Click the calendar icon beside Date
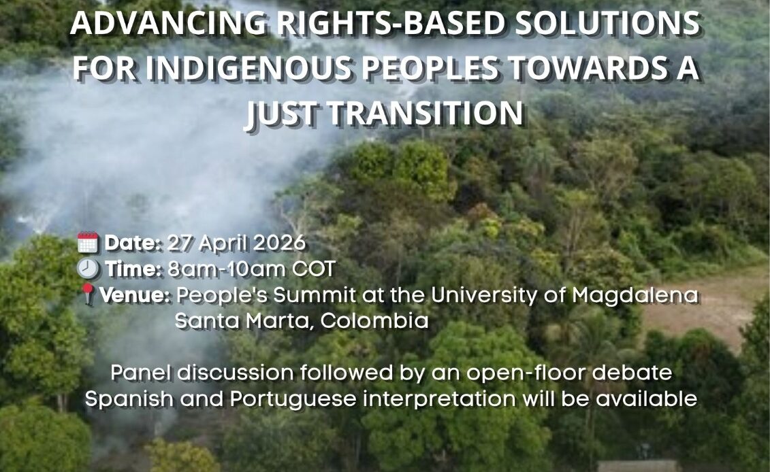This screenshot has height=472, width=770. (x=88, y=243)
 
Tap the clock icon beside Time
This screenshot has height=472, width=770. (x=89, y=269)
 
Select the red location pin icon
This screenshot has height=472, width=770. (x=89, y=295)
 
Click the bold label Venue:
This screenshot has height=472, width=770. (x=135, y=295)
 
